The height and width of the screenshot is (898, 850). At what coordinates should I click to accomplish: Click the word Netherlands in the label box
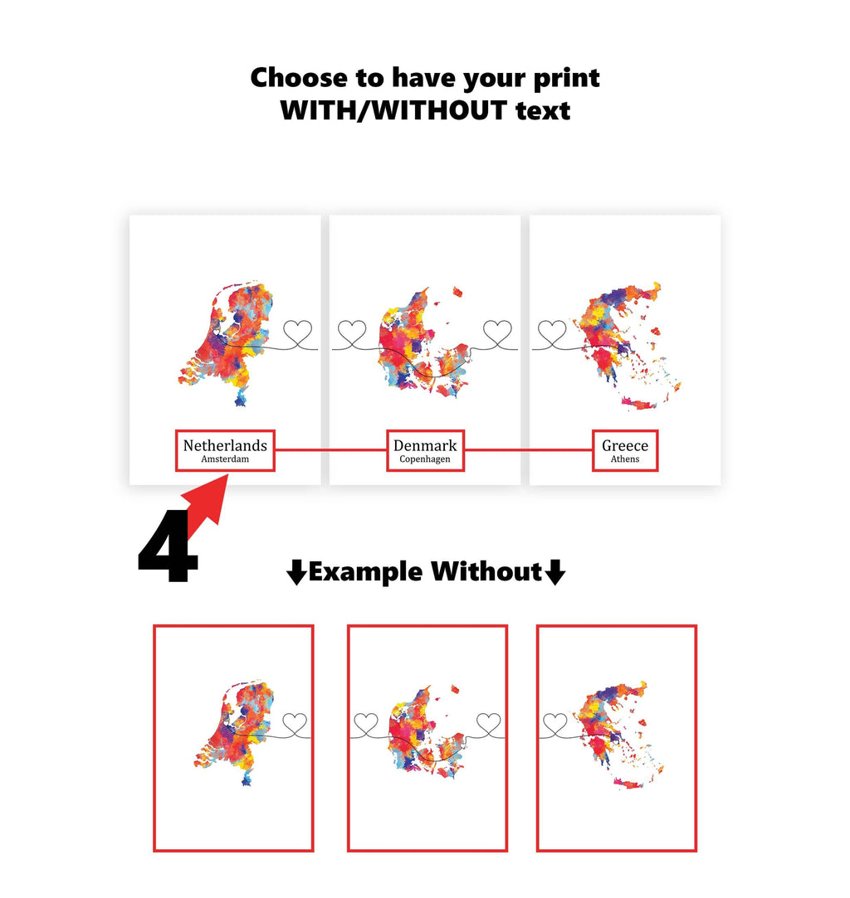tap(225, 445)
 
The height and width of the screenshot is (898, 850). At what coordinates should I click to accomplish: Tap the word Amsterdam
tap(225, 459)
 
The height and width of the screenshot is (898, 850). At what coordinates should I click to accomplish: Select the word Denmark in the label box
tap(425, 445)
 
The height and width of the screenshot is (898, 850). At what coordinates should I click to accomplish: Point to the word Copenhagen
tap(425, 459)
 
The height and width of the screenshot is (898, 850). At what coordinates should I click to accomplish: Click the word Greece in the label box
tap(625, 445)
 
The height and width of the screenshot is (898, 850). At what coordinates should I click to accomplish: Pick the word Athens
tap(625, 459)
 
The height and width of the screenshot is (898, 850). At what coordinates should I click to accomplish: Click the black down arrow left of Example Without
tap(296, 572)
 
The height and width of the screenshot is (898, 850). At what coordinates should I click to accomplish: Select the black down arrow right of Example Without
tap(555, 572)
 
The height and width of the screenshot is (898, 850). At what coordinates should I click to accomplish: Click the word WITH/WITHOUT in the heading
tap(392, 110)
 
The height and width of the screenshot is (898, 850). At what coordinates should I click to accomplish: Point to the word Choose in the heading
tap(298, 78)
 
